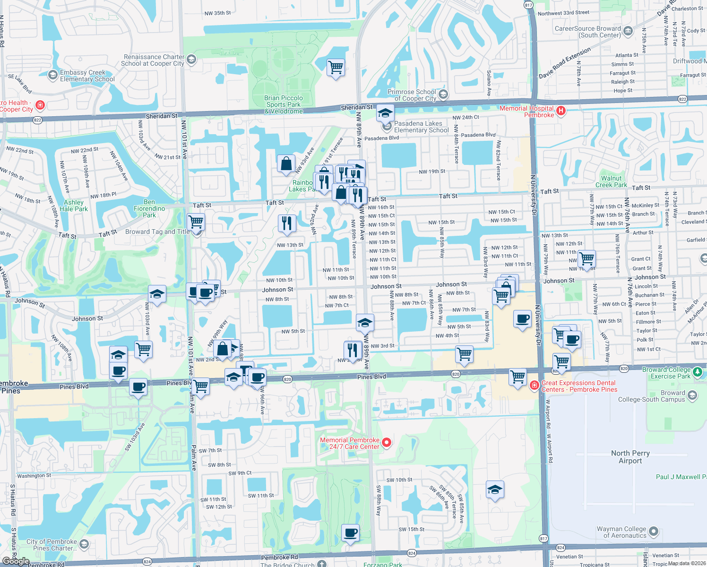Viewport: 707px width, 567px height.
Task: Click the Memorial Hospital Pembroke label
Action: coord(526,112)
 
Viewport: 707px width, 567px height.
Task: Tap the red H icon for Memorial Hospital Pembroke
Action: coord(561,111)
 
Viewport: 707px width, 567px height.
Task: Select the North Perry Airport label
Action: coord(630,457)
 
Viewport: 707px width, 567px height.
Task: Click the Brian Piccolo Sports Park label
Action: coord(284,104)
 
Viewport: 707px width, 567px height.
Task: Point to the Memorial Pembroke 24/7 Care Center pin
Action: coord(387,443)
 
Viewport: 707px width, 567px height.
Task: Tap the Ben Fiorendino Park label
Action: coord(149,208)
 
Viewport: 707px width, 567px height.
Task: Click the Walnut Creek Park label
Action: coord(611,181)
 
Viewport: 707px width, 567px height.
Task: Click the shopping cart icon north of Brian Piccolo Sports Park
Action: coord(336,67)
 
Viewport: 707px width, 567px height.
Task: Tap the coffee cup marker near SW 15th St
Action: coord(351,533)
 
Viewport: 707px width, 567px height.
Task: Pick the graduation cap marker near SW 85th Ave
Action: coord(494,490)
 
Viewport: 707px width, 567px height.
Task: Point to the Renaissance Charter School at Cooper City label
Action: coord(153,60)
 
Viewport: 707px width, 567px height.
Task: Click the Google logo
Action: coord(16,561)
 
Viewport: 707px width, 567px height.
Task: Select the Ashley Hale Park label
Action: coord(74,206)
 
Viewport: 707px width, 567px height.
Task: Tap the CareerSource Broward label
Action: coord(587,32)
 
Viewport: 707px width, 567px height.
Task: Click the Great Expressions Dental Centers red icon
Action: coord(535,386)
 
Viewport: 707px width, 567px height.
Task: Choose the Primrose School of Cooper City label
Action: coord(412,95)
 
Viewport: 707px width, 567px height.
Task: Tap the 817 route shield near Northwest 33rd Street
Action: coord(528,5)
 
